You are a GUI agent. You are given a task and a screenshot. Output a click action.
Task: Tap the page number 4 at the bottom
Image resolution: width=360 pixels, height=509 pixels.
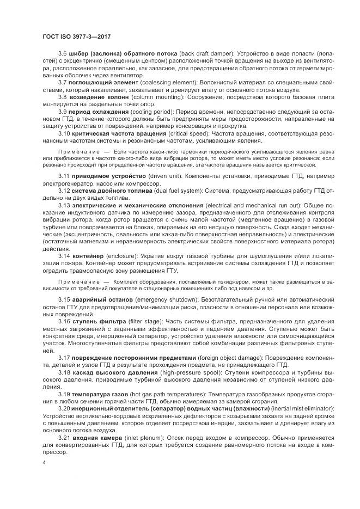(x=44, y=463)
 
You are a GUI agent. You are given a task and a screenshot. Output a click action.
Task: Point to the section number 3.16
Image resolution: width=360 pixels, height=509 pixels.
(x=64, y=322)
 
